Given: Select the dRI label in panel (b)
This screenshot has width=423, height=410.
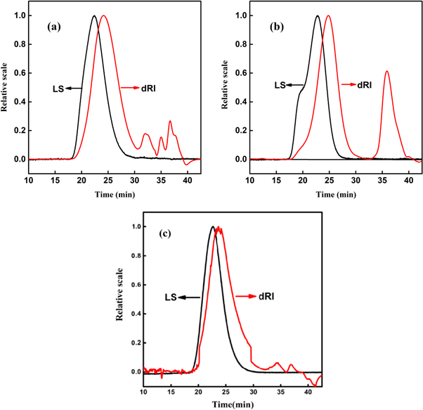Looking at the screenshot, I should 363,84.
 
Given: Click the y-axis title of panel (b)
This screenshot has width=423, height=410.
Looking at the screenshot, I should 224,87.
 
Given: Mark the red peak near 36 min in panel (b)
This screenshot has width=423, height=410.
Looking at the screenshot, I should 386,71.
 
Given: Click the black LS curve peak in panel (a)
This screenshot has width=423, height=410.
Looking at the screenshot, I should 94,15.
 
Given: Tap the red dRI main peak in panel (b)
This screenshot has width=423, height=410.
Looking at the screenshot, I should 328,15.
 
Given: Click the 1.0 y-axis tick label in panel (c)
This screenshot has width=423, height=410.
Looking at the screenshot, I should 132,227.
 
